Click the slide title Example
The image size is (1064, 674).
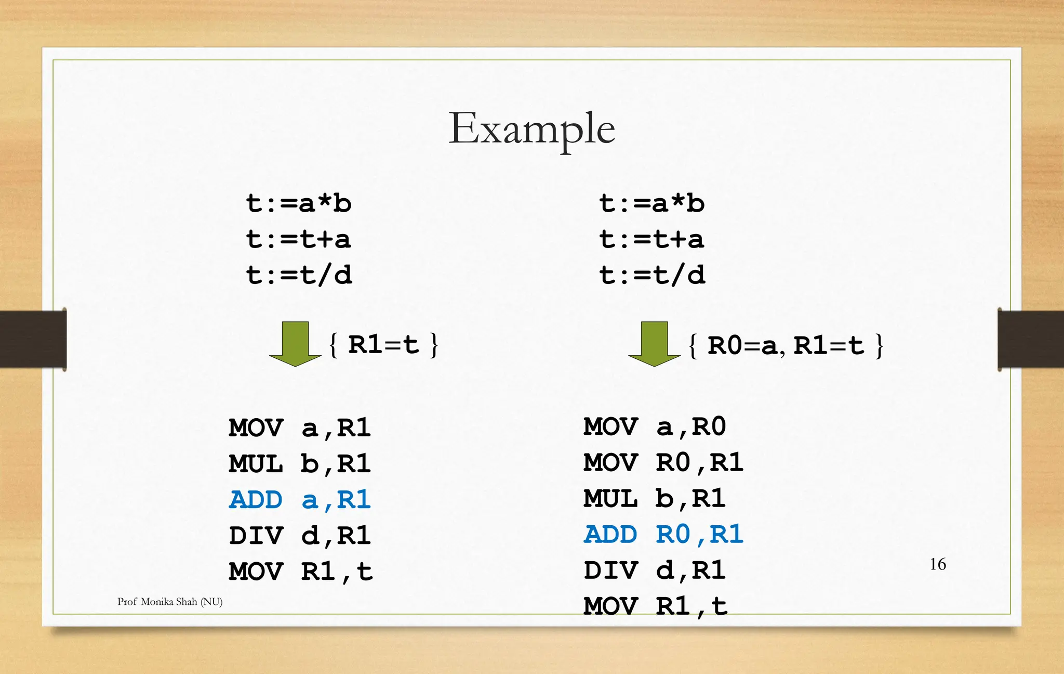point(531,128)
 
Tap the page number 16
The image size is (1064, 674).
point(937,564)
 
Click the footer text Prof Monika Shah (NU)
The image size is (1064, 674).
point(170,602)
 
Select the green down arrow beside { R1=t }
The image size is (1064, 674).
point(295,343)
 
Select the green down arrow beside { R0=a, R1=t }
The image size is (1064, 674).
point(654,343)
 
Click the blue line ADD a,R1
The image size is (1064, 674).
point(300,500)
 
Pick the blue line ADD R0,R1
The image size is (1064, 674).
point(663,535)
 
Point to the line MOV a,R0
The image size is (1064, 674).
point(654,427)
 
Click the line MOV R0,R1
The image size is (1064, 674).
point(663,463)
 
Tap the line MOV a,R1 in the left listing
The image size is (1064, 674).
point(300,428)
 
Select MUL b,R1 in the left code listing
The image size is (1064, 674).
point(300,464)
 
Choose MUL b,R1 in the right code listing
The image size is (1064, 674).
point(654,499)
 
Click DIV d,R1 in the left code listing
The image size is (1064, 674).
point(300,536)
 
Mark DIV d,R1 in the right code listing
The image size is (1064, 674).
point(654,571)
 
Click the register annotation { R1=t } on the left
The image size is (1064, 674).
point(384,345)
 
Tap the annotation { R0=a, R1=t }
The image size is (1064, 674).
point(786,345)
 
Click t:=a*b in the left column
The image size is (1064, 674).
point(299,203)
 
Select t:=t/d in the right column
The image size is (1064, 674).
point(652,275)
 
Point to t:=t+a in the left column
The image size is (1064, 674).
point(299,239)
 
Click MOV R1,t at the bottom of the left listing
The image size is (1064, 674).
point(301,572)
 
